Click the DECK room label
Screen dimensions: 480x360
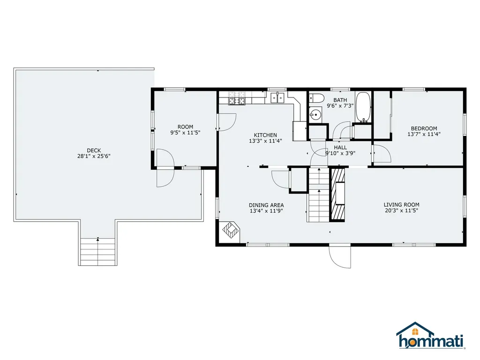pos(94,150)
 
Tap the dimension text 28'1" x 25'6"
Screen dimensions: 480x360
pos(94,156)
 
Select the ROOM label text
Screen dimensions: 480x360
pos(186,127)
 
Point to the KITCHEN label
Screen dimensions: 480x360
pos(265,135)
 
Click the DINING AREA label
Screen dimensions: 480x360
pos(266,205)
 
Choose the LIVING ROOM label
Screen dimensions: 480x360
pos(402,204)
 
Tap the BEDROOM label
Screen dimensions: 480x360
pos(424,128)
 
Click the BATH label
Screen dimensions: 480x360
pos(340,100)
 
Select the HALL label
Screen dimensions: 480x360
pos(340,148)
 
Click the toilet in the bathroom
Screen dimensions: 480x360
pos(316,98)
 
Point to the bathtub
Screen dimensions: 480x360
pos(363,107)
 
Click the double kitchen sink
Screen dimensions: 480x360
pos(277,97)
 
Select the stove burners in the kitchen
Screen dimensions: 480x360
pos(237,98)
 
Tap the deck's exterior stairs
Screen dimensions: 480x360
pos(97,251)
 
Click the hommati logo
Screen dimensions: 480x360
pos(431,336)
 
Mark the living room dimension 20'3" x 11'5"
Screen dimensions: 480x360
pos(402,210)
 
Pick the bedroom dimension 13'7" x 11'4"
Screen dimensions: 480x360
pos(424,134)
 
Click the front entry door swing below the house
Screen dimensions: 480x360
pos(340,257)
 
